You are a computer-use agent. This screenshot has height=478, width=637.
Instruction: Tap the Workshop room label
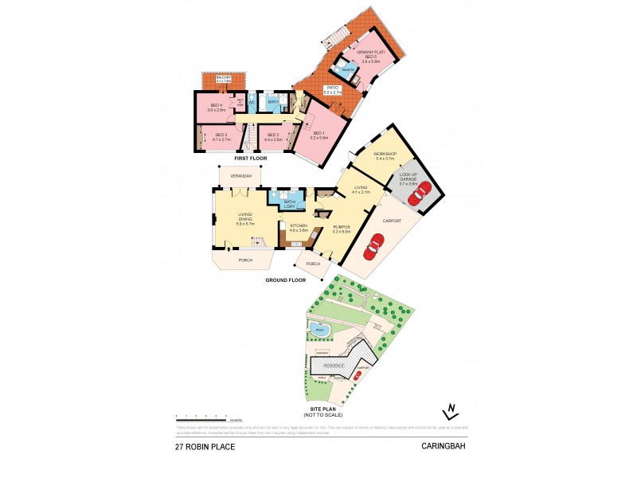(385, 156)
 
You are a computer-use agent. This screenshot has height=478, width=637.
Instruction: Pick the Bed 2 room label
(272, 137)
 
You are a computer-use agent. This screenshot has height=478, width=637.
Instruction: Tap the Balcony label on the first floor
(217, 79)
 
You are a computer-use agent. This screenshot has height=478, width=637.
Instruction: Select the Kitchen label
(298, 228)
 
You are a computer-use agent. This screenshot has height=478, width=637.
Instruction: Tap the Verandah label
(241, 175)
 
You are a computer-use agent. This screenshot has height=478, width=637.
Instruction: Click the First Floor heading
(248, 159)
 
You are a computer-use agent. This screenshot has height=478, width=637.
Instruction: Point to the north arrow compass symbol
(451, 411)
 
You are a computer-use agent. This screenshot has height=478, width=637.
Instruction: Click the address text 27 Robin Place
(205, 447)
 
